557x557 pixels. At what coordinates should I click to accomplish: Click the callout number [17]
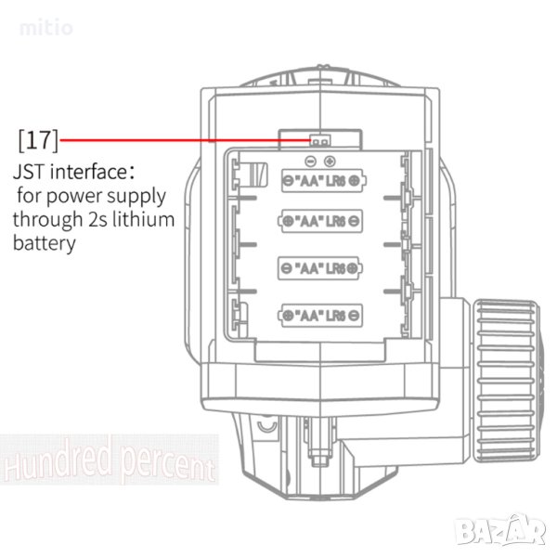38,140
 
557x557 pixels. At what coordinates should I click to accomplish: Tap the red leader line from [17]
186,140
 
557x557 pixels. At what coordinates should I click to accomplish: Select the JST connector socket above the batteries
320,140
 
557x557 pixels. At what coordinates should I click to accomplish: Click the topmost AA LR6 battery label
324,181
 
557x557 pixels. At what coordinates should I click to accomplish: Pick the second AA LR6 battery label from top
320,221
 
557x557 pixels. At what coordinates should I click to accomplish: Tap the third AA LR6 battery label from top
320,268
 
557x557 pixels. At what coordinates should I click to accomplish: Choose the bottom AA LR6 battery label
320,315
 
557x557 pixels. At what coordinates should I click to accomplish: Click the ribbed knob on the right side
506,381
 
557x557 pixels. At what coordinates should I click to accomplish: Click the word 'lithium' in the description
143,219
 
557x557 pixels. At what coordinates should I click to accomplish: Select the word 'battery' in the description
45,243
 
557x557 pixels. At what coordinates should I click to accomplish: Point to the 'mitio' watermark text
45,28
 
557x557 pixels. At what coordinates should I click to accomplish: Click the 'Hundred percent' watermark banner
110,460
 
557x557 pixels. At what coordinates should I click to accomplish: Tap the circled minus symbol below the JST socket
310,162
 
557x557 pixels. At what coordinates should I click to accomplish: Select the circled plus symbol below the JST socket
330,162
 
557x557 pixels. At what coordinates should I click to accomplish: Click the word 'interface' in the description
88,172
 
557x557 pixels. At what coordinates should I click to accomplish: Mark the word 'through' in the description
48,220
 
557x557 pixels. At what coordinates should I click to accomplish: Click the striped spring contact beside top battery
257,175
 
